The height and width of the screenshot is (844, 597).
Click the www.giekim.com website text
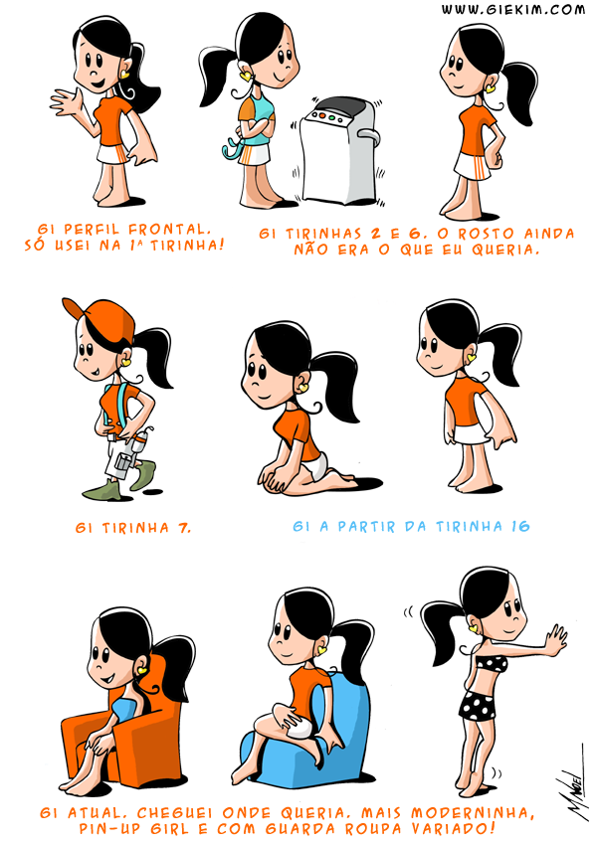[x=512, y=10]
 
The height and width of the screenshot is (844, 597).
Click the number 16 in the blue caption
[x=520, y=526]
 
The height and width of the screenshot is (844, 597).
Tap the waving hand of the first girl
[x=67, y=101]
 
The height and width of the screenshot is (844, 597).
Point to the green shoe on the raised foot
[x=143, y=473]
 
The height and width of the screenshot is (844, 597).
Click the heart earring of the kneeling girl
[x=303, y=387]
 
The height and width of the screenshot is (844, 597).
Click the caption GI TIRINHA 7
[x=133, y=528]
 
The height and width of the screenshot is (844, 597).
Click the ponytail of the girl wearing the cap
[x=153, y=355]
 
